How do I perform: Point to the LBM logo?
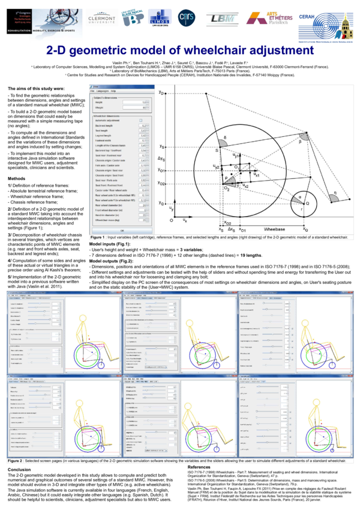coord(223,18)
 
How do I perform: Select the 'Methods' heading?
coord(16,179)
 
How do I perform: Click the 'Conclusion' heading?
coord(20,469)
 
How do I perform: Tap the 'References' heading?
coord(199,466)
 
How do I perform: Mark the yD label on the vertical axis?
coord(161,93)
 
